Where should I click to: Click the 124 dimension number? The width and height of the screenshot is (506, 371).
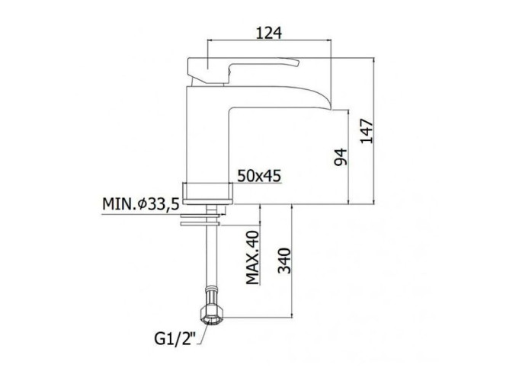tap(269, 33)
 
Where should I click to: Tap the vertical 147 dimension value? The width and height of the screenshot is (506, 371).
tap(367, 131)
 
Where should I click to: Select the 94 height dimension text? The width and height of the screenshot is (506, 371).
tap(341, 157)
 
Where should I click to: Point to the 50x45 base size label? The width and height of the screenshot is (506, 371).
tap(259, 176)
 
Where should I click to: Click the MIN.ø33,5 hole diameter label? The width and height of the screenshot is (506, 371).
tap(141, 204)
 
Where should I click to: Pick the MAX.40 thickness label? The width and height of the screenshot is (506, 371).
tap(253, 257)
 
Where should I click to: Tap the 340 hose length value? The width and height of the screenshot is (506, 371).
tap(284, 261)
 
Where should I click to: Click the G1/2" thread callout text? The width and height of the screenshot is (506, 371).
tap(175, 339)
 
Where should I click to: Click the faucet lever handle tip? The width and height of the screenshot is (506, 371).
tap(298, 62)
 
